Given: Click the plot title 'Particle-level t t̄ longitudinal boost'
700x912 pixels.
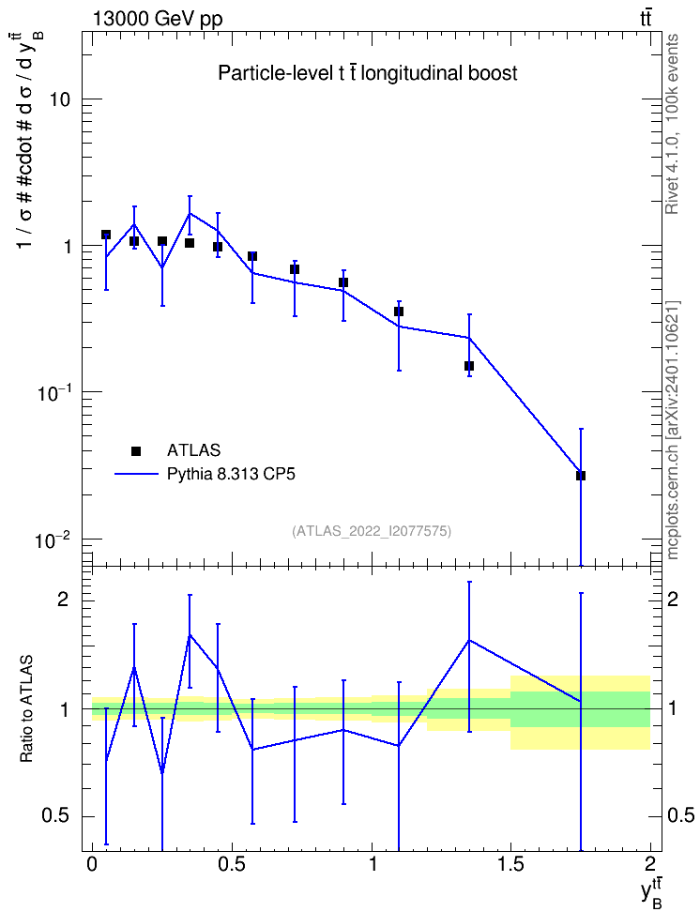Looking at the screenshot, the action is click(x=367, y=73).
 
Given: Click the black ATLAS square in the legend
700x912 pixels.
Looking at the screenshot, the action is click(x=136, y=450).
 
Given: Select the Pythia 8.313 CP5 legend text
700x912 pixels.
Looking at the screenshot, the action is click(x=231, y=475).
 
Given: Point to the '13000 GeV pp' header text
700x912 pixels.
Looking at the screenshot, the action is click(x=157, y=20).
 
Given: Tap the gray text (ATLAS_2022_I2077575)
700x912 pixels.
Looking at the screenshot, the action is click(x=372, y=531).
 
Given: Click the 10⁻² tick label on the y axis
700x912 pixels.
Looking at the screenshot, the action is click(x=53, y=540).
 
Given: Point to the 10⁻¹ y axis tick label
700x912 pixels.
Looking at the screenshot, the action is click(x=53, y=392).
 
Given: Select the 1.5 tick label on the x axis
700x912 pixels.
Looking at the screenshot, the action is click(x=510, y=864).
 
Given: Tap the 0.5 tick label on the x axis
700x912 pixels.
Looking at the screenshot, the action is click(x=232, y=864).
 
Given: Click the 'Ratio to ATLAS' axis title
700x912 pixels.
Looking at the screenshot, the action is click(x=26, y=709).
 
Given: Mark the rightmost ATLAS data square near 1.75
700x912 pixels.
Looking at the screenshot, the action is click(x=581, y=476).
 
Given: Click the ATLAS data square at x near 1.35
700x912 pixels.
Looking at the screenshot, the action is click(x=469, y=366).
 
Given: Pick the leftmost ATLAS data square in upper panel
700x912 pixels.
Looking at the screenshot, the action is click(x=106, y=235).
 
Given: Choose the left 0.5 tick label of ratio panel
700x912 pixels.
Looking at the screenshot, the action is click(x=55, y=816).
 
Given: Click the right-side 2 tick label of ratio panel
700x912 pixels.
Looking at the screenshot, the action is click(x=673, y=600).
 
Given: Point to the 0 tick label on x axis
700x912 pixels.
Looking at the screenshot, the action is click(x=92, y=864).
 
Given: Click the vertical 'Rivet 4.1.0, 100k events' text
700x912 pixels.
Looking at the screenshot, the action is click(x=672, y=124).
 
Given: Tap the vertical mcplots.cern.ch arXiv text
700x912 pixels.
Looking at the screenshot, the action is click(x=672, y=431).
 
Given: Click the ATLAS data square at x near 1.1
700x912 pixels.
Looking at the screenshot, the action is click(x=399, y=312).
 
